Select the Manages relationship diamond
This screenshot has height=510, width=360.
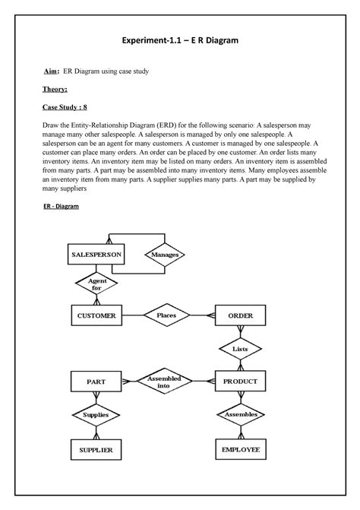[x=165, y=255]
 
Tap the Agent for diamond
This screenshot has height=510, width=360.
[x=96, y=284]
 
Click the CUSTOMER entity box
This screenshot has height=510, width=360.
[x=96, y=315]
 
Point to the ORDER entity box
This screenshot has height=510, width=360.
[x=240, y=315]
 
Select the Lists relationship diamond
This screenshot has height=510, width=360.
[x=240, y=349]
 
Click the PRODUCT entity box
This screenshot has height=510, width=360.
[x=240, y=381]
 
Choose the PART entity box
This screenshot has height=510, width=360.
[x=96, y=381]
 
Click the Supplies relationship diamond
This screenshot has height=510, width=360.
[x=96, y=414]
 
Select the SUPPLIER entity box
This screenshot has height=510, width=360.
[x=96, y=450]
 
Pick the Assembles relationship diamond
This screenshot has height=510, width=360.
[x=240, y=414]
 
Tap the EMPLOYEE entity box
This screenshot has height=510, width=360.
[x=240, y=450]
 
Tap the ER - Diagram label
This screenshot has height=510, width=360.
[x=68, y=206]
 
